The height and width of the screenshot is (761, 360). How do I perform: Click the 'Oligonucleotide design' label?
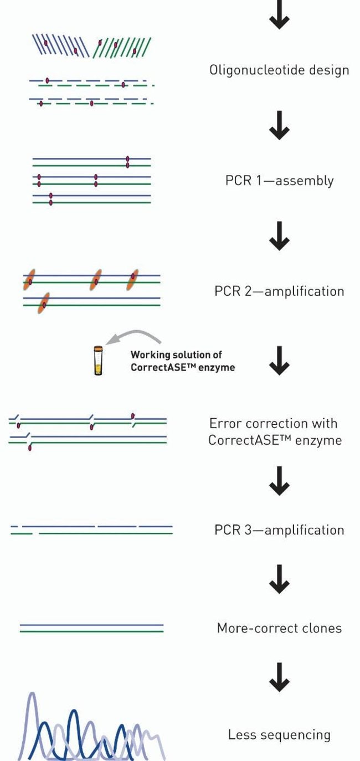point(279,70)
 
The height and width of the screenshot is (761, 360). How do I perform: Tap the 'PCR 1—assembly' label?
point(279,181)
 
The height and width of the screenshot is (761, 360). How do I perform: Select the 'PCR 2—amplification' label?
point(279,291)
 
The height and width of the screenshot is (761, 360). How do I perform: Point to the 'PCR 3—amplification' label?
point(279,530)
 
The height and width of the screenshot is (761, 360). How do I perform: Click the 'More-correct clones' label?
point(279,628)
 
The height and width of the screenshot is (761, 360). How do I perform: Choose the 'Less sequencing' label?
point(279,735)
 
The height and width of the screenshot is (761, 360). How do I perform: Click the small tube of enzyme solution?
point(98,361)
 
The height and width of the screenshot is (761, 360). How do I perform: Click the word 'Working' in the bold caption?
point(147,355)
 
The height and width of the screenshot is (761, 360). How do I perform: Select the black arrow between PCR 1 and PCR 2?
point(279,240)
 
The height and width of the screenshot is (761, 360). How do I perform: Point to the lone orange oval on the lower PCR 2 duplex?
point(44,303)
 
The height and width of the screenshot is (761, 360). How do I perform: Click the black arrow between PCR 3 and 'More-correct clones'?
point(279,580)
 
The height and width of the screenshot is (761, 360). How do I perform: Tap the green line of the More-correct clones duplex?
point(91,631)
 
